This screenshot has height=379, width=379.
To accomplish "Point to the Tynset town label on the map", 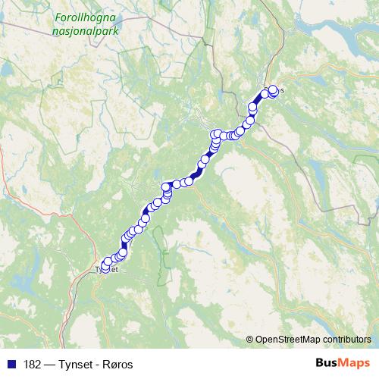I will pos(105,268).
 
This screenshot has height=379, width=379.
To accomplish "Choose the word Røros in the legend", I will pos(115,363).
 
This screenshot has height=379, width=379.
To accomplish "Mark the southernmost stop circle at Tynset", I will pos(105,267).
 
